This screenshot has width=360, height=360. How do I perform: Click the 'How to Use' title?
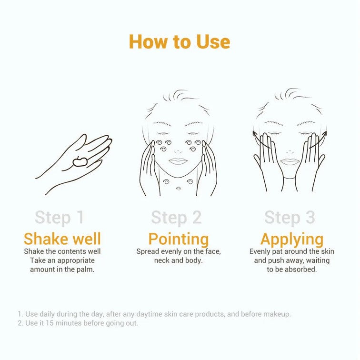coord(180,42)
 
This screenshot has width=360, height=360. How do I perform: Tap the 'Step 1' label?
coord(59,218)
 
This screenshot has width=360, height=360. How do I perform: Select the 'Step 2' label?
coord(176,218)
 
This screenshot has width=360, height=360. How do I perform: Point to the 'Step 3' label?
coord(290,218)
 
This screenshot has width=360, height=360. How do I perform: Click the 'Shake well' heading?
coord(62,239)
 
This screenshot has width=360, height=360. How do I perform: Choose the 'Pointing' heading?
coord(178,239)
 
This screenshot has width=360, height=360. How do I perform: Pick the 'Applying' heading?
coord(291,239)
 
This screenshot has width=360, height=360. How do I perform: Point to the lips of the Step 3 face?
coord(289,161)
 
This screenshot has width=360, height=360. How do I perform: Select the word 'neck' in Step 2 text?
coord(162,260)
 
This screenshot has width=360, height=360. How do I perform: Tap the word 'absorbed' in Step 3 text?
coord(303,270)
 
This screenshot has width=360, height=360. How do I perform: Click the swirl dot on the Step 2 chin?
coord(178,189)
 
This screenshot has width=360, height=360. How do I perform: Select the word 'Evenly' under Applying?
coord(260,251)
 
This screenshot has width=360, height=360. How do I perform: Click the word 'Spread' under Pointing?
coord(147,251)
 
